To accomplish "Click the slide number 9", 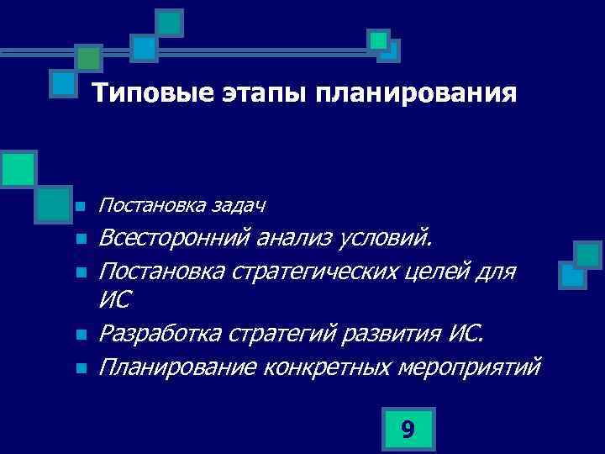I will click(408, 430).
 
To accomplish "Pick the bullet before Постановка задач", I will click(79, 206).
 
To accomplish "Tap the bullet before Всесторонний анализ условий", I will click(79, 240).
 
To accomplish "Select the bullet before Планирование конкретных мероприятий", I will click(79, 368).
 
